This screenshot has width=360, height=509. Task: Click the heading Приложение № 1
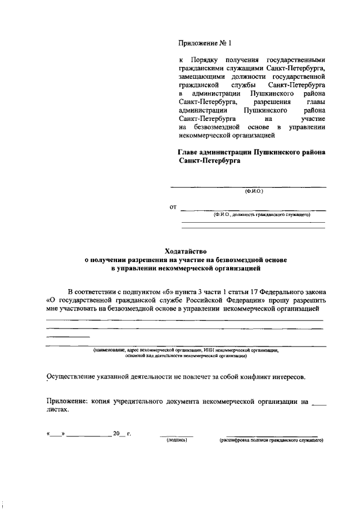click(205, 43)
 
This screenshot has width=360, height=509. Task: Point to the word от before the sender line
click(173, 208)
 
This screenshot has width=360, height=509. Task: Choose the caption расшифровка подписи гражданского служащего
click(271, 441)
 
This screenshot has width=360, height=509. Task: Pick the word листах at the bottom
click(57, 410)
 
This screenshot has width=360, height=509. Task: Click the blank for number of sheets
click(318, 403)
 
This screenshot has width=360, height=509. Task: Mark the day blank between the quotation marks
click(56, 435)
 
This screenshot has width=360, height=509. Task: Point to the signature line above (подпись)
click(177, 436)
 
